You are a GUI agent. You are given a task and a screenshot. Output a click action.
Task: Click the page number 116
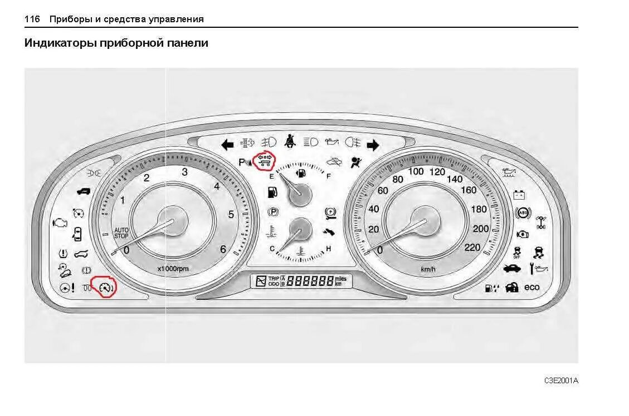tap(32, 19)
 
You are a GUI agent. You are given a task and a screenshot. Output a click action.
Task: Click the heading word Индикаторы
tap(60, 43)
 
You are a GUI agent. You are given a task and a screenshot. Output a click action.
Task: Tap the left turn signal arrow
tap(227, 145)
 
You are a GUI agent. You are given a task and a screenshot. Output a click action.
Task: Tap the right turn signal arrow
tap(373, 145)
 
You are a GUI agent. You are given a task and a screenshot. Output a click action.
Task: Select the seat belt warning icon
tap(290, 141)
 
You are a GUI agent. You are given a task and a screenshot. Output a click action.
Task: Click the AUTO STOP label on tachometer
tap(121, 233)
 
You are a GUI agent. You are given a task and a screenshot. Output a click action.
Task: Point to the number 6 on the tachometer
tap(223, 249)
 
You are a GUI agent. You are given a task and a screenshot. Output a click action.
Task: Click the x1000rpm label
tap(173, 269)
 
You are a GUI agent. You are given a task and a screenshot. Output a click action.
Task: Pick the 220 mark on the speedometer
tap(472, 247)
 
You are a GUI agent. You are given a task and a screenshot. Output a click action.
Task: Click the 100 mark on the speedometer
tap(416, 171)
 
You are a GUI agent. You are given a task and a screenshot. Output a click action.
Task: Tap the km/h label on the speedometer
tap(428, 269)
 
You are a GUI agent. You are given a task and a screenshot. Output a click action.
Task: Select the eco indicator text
tap(532, 287)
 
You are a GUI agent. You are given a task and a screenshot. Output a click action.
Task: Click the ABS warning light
tap(522, 213)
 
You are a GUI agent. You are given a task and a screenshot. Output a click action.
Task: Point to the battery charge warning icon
tap(519, 195)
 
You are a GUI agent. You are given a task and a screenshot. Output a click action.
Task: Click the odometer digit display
tap(310, 281)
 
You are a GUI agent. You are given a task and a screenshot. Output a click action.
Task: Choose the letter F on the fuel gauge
tap(329, 176)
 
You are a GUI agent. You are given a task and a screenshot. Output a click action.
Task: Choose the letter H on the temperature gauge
tap(328, 249)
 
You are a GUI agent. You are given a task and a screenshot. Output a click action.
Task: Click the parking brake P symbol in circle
tap(273, 211)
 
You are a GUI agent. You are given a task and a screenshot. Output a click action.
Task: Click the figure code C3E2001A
tap(561, 380)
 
